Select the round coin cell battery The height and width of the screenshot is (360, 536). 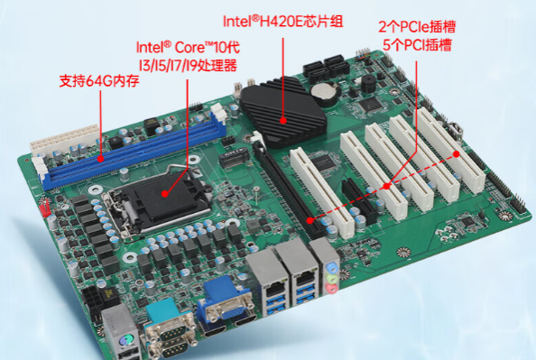click(x=321, y=90)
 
